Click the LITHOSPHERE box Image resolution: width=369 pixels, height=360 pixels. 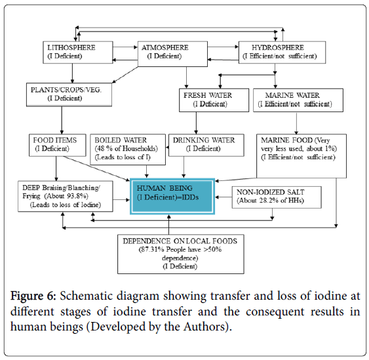coord(77,52)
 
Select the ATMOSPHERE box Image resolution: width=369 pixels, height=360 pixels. coord(172,54)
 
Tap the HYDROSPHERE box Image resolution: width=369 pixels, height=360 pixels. coord(282,52)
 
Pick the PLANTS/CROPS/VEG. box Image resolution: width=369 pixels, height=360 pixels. coord(69,94)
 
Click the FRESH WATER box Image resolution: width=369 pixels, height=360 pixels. coord(214,100)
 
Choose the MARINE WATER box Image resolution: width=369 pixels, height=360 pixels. coord(298,100)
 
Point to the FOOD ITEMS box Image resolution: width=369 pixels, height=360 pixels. coord(58,145)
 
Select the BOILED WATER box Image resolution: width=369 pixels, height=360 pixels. coord(128,150)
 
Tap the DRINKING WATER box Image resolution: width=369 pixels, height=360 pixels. coord(206,145)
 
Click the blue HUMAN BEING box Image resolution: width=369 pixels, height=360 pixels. coord(172,196)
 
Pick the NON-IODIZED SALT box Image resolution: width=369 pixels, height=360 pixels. coord(277,197)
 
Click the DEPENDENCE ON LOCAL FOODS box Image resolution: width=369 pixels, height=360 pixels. coord(181,254)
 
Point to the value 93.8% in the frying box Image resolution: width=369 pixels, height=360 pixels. coord(79,196)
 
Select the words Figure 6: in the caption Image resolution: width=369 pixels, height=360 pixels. coord(33,296)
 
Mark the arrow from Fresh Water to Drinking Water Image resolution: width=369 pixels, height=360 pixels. coord(196,123)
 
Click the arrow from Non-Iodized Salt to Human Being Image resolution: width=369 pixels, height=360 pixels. coord(223,197)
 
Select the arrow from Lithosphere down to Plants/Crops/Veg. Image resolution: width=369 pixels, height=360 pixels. coord(73,73)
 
